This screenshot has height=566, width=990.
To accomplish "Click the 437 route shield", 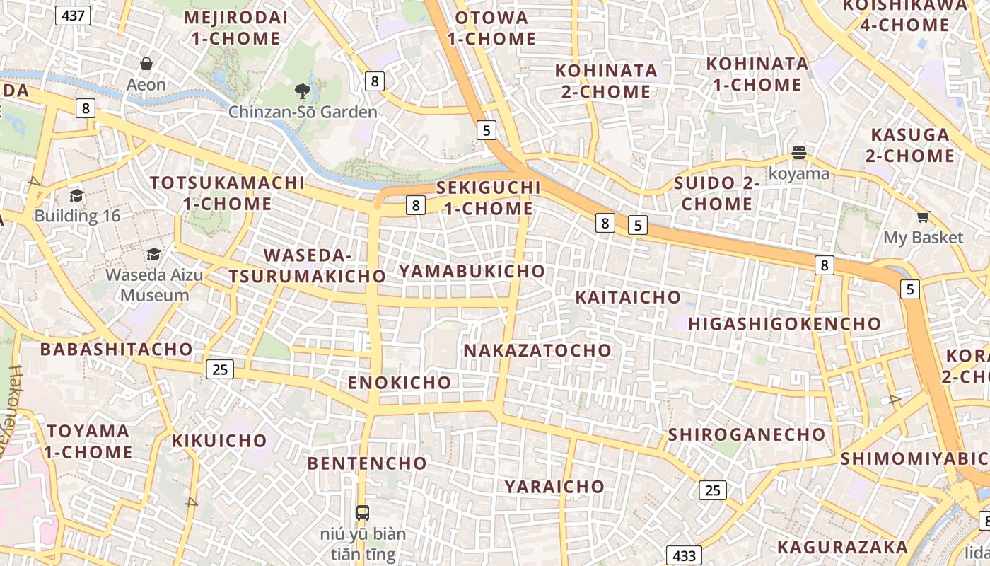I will [x=74, y=16].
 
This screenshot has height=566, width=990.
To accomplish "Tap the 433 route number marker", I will [x=684, y=555].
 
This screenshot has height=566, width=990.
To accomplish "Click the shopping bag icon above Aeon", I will [x=146, y=64].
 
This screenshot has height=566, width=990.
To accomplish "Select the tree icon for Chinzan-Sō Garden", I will [x=303, y=91].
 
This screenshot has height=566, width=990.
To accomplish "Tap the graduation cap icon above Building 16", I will [x=77, y=195].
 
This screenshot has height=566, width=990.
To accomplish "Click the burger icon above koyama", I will [x=799, y=153].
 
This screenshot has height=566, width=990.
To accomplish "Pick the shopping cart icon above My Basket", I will [x=923, y=217].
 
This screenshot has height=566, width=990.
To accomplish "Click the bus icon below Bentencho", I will [x=362, y=513].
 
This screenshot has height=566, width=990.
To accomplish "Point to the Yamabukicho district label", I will [x=472, y=271].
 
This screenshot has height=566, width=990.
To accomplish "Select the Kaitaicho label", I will [x=628, y=297].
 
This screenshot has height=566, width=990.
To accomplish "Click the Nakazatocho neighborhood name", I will [x=537, y=350].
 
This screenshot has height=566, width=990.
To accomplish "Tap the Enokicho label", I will [x=400, y=383].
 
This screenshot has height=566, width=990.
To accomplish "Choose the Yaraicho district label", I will [x=554, y=486].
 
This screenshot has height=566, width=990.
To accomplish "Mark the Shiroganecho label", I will [x=747, y=434].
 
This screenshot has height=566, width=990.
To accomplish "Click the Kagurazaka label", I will [x=842, y=547].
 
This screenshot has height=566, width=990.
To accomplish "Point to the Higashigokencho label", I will [x=785, y=324].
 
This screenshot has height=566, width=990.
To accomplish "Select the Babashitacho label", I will [x=117, y=349].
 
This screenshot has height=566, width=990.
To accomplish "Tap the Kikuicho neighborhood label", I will [x=220, y=441].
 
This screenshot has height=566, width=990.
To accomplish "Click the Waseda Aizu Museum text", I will [x=154, y=284].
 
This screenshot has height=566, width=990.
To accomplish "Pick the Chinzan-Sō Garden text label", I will [x=303, y=112].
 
